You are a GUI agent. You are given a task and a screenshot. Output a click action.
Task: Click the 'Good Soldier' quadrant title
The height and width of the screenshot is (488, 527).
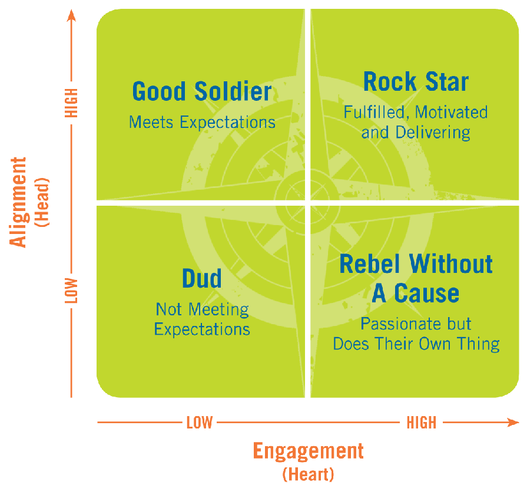click(x=202, y=92)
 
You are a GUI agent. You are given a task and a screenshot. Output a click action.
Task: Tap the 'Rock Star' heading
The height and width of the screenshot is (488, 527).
click(x=416, y=81)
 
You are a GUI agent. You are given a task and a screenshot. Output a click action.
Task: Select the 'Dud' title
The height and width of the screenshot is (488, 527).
click(x=202, y=278)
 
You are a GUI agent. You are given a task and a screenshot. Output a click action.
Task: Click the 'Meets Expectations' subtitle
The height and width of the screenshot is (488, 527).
click(x=202, y=122)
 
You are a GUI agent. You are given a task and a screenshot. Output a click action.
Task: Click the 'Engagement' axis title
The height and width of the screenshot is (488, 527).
click(x=308, y=451)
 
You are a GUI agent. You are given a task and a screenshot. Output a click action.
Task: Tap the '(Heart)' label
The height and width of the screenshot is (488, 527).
click(x=308, y=474)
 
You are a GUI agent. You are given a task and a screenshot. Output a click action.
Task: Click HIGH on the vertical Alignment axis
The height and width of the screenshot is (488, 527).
click(x=72, y=103)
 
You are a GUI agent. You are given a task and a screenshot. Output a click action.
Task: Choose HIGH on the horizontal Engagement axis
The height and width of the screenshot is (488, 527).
click(x=421, y=423)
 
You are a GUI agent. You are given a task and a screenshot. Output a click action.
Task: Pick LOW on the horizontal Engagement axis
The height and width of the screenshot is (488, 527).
click(x=199, y=423)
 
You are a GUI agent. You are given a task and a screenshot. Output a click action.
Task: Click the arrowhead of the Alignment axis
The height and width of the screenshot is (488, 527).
click(x=72, y=14)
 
